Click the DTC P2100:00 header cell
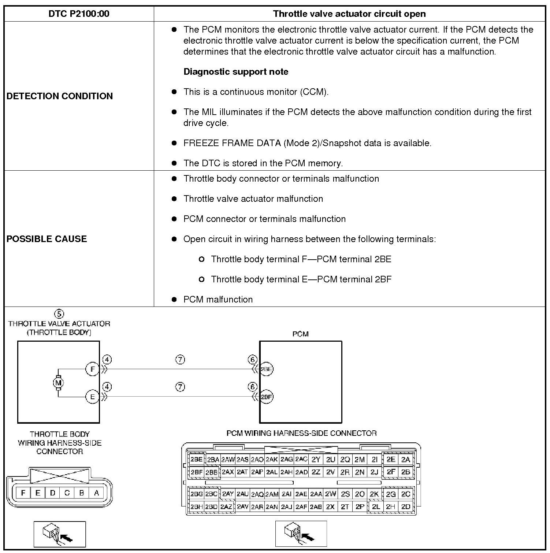(79, 14)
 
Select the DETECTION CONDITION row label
(60, 96)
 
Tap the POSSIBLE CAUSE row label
(47, 239)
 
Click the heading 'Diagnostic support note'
(236, 72)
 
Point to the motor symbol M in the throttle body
(58, 383)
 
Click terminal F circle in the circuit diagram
(92, 369)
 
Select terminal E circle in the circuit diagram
(92, 397)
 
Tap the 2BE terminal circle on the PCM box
(266, 369)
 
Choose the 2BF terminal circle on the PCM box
(266, 397)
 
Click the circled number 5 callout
(59, 314)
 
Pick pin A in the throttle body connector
(96, 493)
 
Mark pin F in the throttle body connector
(23, 493)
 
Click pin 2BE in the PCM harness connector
(197, 459)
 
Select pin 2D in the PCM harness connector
(405, 507)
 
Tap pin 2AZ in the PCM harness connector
(226, 507)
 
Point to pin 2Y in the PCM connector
(316, 459)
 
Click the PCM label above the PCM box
(300, 334)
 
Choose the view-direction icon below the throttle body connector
(60, 534)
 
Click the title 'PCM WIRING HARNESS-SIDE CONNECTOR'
(301, 433)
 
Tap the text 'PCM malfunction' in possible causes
(218, 300)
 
